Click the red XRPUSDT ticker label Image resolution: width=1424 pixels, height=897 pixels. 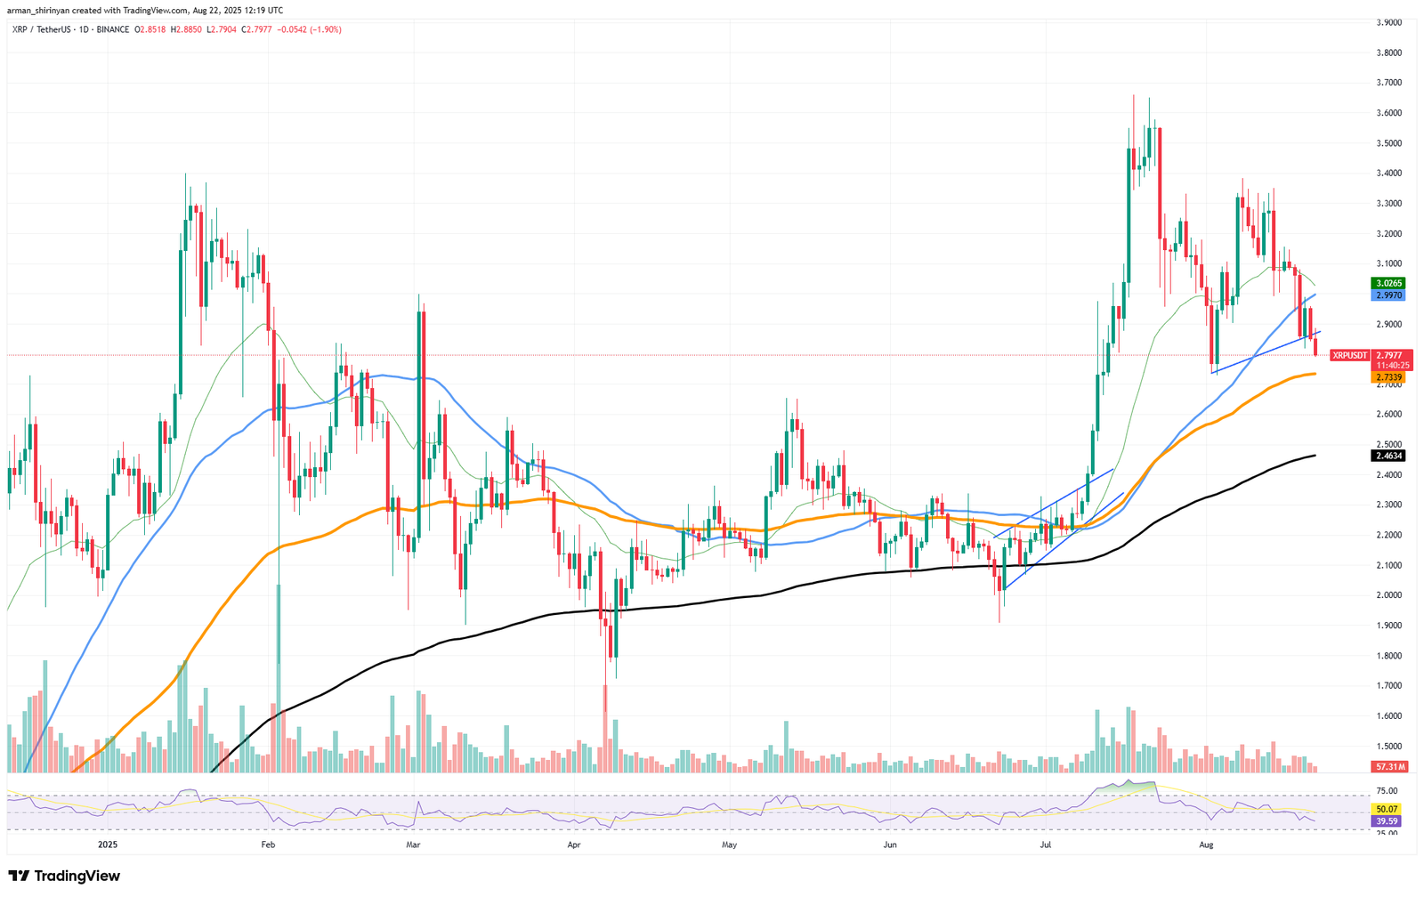point(1349,355)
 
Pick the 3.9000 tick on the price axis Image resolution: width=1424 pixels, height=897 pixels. point(1388,22)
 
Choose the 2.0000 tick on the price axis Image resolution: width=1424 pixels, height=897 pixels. point(1388,595)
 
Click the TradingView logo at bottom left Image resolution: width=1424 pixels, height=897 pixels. point(64,876)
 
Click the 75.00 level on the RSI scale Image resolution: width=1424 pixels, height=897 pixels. point(1387,790)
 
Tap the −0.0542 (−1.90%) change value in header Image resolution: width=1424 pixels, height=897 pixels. point(309,29)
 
